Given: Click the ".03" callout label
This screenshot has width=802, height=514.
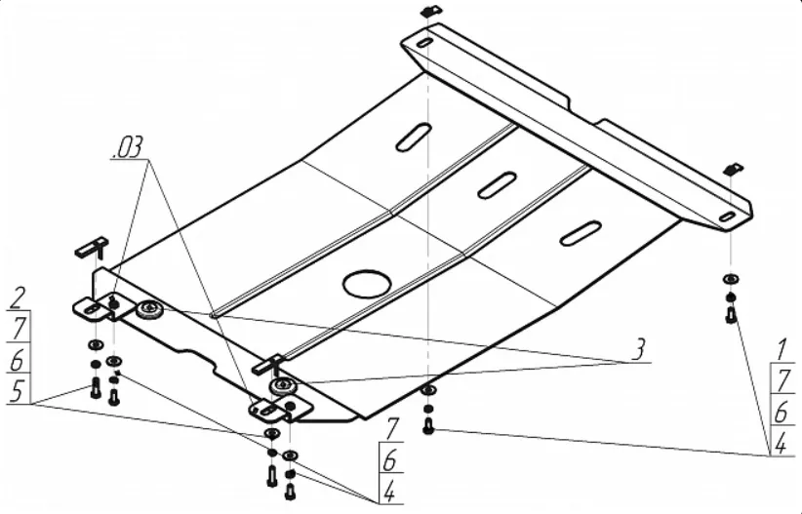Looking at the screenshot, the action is (128, 148).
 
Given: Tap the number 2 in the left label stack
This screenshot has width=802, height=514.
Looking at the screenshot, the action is (18, 298).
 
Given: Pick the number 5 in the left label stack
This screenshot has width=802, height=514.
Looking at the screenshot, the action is (17, 391).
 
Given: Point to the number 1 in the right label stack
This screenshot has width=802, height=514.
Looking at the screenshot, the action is (782, 350).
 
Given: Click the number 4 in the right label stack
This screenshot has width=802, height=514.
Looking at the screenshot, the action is (781, 444).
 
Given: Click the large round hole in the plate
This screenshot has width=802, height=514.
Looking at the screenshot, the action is (368, 283).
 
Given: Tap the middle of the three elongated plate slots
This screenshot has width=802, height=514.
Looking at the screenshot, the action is (497, 184).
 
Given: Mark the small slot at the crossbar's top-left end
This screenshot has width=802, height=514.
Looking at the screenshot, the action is (424, 43).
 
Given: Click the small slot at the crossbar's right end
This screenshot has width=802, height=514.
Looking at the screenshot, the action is (727, 217).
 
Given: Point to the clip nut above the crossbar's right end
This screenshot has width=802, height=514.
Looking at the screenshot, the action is (733, 169).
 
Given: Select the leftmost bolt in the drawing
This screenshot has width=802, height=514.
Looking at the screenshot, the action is (96, 388).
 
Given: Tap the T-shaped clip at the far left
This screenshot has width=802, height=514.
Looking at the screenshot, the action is (93, 247).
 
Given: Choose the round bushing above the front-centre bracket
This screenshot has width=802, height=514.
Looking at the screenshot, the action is (283, 385).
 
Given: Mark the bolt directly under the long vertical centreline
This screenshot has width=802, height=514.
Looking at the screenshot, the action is (428, 425).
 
